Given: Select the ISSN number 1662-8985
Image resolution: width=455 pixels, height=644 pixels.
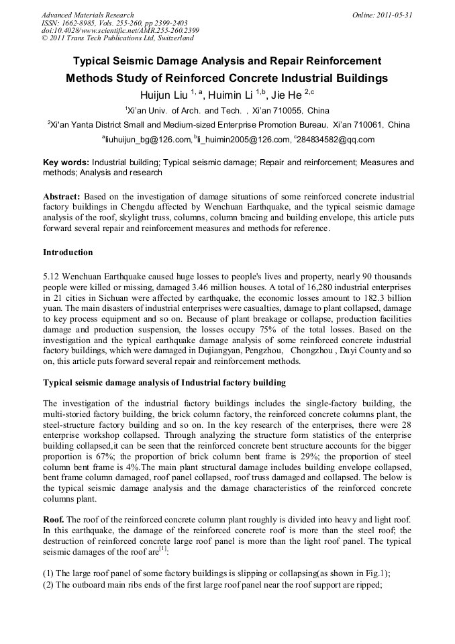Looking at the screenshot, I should click(75, 22).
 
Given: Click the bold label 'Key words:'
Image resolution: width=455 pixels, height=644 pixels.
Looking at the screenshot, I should click(66, 163).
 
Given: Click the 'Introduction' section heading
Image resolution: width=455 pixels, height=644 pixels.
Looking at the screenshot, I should click(68, 252).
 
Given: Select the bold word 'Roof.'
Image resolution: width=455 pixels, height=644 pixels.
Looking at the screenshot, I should click(54, 520).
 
